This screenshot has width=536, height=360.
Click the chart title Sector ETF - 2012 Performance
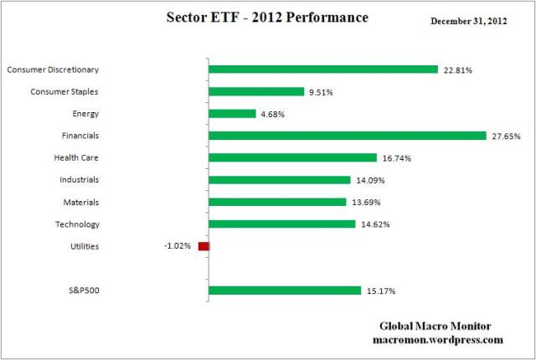[268, 16]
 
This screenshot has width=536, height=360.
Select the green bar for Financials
[347, 136]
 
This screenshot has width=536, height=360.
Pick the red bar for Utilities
[204, 246]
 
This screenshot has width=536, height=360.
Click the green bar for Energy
[232, 114]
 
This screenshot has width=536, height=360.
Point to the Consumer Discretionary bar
[323, 69]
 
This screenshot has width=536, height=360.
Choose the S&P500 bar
[285, 291]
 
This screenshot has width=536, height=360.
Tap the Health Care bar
[292, 157]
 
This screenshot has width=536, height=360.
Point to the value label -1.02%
[178, 246]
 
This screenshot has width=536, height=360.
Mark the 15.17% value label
[380, 291]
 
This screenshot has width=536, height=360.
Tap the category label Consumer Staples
[64, 91]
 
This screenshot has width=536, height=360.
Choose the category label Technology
[80, 224]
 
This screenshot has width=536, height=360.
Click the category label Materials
[81, 202]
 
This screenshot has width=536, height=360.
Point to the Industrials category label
[80, 180]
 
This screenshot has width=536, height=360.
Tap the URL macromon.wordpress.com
[437, 340]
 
